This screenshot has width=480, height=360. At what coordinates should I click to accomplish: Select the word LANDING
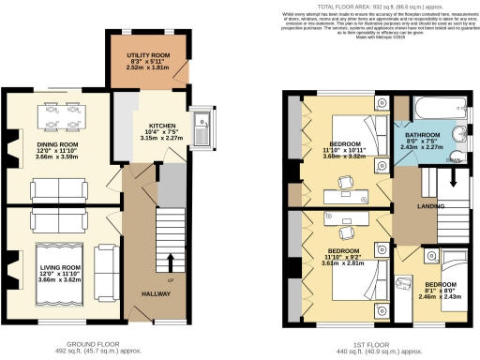(x=405, y=206)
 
